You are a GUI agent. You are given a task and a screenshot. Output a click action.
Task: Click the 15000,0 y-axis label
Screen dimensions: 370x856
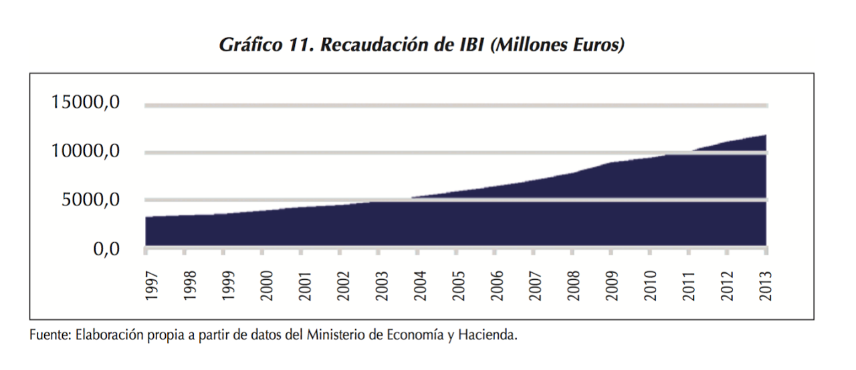pos(86,104)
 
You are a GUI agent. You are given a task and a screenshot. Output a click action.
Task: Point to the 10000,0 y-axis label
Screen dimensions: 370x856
pos(86,152)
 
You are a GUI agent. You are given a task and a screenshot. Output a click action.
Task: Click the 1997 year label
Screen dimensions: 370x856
pos(151,286)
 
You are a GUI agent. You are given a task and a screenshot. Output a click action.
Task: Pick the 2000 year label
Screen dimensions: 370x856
pos(266,286)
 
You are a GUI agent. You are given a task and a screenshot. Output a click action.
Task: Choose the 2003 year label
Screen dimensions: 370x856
pos(382,286)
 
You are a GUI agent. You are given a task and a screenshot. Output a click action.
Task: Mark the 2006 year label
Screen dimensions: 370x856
pos(496,286)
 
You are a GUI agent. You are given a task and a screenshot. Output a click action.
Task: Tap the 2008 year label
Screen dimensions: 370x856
pos(573,286)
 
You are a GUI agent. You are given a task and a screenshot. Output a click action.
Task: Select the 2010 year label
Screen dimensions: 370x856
pos(650,286)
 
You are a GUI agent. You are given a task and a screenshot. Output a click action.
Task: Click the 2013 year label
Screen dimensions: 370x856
pos(766,286)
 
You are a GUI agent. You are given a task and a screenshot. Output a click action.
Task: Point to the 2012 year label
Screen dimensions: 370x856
pos(727,286)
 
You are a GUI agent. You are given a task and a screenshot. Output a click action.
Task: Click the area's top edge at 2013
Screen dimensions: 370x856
pos(766,135)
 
